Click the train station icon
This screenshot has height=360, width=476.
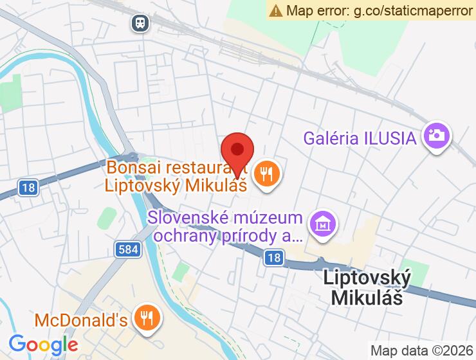[x=140, y=24]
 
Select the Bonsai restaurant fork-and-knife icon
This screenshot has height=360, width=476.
[x=265, y=173]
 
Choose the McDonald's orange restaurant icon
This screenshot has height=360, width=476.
[x=147, y=317]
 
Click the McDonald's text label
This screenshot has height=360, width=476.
[x=81, y=319]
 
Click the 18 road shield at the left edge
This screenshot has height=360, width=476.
[x=28, y=188]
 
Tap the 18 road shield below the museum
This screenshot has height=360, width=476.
[x=273, y=257]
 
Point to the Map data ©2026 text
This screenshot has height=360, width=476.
[x=421, y=350]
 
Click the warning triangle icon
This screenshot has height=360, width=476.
[x=276, y=10]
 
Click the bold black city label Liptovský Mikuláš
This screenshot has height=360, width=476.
[x=367, y=287]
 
